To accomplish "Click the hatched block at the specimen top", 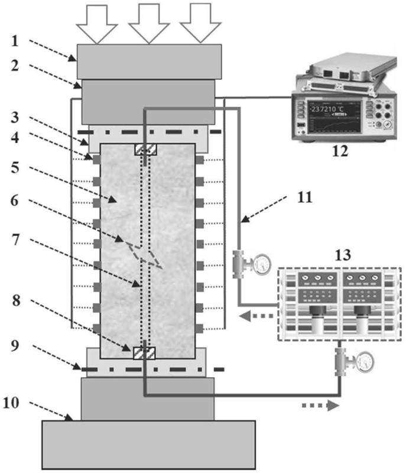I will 145,150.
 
